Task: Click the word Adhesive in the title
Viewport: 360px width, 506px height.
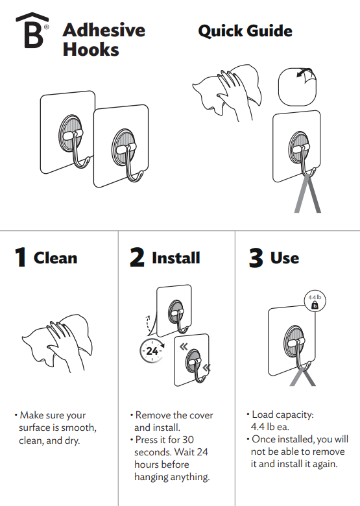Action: [104, 30]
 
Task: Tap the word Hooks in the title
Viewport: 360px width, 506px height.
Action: [91, 49]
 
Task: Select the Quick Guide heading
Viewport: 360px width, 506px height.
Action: [245, 30]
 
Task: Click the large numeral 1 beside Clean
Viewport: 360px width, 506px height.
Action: [21, 258]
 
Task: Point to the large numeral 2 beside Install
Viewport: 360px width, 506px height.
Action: [137, 258]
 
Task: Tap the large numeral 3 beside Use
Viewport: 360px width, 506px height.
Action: [256, 258]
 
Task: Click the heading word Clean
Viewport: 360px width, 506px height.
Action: [55, 258]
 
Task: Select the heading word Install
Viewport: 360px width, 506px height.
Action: [176, 258]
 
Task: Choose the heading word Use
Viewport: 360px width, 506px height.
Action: [285, 258]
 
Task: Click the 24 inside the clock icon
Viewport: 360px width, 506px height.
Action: [152, 352]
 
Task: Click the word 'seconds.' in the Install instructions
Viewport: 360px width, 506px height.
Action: [154, 452]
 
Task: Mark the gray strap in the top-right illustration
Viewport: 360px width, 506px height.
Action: [307, 195]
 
